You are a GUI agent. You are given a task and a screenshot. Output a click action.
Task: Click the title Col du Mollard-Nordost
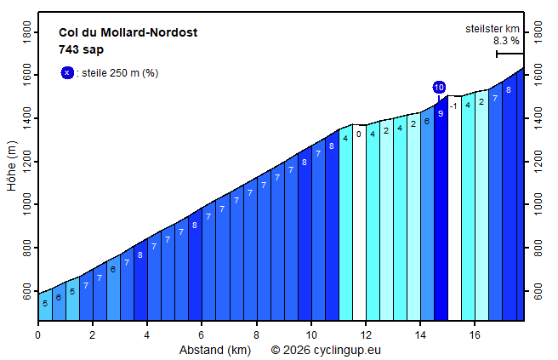click(128, 32)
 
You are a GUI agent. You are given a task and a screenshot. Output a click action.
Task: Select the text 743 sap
click(81, 49)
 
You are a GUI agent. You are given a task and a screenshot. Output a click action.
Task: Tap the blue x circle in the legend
click(67, 72)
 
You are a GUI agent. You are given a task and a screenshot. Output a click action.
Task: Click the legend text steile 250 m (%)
click(119, 73)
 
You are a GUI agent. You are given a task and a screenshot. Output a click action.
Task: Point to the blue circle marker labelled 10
click(439, 87)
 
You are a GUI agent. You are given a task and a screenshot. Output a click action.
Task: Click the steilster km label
click(492, 29)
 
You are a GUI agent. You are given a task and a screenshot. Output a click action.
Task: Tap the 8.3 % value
click(505, 40)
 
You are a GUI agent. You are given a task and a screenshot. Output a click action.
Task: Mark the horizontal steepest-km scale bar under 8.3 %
click(510, 54)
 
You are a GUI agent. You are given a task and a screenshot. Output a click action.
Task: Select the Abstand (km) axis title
click(214, 350)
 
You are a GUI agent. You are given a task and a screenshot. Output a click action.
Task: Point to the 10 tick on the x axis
click(310, 334)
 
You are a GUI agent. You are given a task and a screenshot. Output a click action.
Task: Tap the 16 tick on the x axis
click(475, 334)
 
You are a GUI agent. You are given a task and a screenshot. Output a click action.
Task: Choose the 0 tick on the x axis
click(37, 334)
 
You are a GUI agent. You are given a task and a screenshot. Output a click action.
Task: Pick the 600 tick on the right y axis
click(537, 292)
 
